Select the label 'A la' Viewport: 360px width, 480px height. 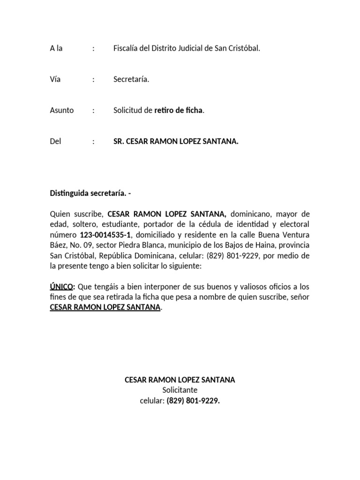tap(56, 48)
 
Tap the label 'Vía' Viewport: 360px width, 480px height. tap(55, 79)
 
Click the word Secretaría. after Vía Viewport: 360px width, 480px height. tap(131, 79)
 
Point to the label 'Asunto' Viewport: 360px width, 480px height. tap(62, 111)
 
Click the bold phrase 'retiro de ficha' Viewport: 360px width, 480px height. tap(179, 111)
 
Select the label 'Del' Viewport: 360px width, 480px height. tap(56, 141)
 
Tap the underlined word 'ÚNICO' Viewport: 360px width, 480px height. tap(62, 286)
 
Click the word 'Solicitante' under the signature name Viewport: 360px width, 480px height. tap(180, 390)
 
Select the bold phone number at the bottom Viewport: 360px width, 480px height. tap(193, 401)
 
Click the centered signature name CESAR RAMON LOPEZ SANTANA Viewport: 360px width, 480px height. tap(180, 380)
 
